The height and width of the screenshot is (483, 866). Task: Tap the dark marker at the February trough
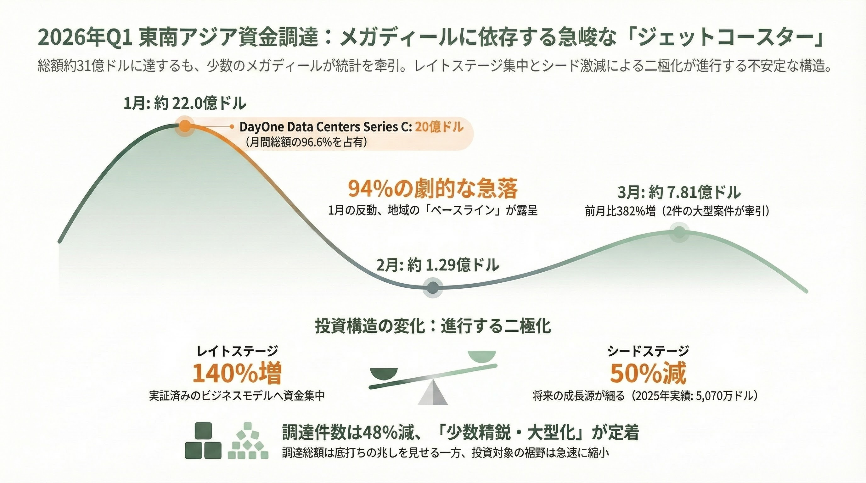(x=433, y=287)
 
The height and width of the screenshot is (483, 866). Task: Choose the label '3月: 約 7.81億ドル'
(x=679, y=193)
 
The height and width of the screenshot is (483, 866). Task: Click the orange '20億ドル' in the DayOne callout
(x=439, y=127)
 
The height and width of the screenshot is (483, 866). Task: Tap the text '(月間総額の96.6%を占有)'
(x=306, y=142)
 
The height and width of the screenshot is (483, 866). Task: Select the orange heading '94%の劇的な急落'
(x=433, y=189)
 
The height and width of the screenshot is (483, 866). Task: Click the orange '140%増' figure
(x=237, y=374)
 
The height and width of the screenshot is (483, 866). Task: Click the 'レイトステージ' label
(x=237, y=351)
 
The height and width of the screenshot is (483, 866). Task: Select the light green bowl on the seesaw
(x=482, y=356)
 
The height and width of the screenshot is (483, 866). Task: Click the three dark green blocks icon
(x=203, y=441)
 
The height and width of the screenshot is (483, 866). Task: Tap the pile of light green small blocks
(x=248, y=442)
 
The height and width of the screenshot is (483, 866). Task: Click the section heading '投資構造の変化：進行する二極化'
(x=433, y=326)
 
